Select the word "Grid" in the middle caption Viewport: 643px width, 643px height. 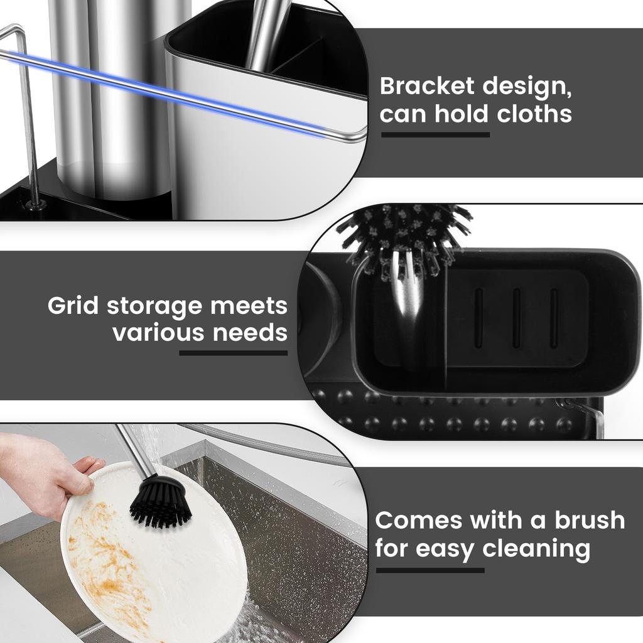point(73,306)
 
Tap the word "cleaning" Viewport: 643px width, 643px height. point(536,549)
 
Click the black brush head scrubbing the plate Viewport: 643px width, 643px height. point(160,500)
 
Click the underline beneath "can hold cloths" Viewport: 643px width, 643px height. point(435,134)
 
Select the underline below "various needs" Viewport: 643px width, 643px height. point(233,353)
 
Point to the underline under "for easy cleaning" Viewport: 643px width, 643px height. point(430,570)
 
